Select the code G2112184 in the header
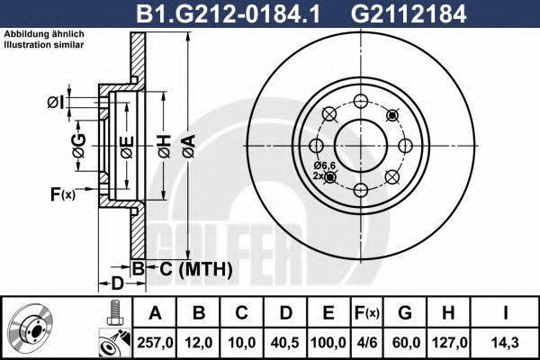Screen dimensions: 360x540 pos(407,13)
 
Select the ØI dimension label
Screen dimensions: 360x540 pos(55,101)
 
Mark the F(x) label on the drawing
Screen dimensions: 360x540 pos(62,193)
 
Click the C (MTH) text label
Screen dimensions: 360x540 pos(196,268)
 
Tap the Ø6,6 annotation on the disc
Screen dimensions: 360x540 pos(324,166)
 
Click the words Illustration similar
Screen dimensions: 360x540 pos(44,42)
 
